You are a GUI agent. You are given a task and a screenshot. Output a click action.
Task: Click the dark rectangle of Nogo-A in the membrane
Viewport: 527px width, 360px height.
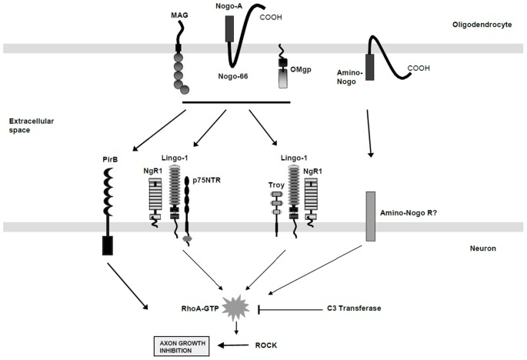pyautogui.click(x=229, y=29)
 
